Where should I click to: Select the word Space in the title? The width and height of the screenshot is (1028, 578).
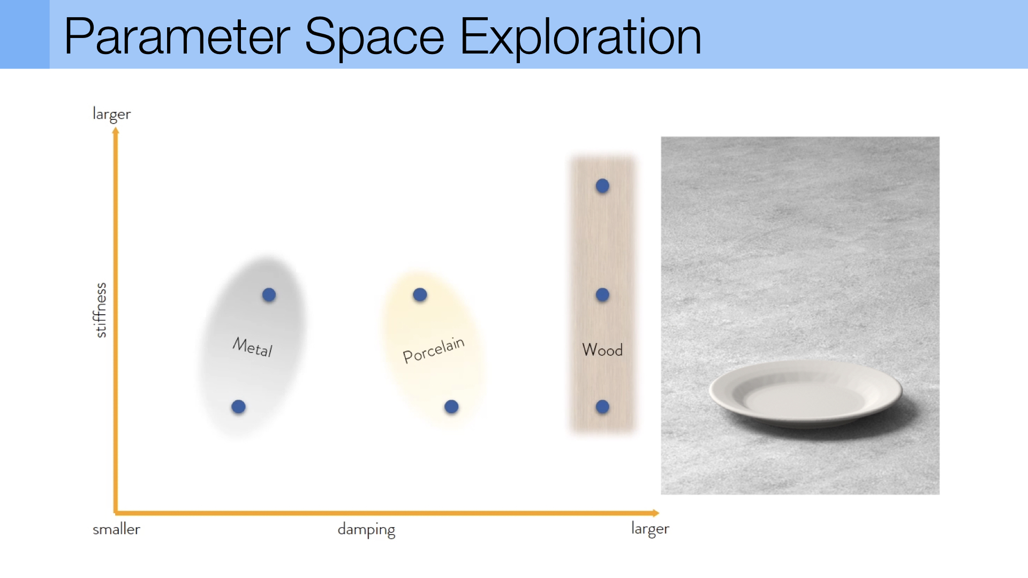click(374, 37)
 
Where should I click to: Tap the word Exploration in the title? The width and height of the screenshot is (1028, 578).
click(581, 37)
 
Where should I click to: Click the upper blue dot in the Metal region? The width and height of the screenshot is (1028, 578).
click(269, 295)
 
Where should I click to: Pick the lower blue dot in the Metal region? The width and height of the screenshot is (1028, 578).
click(238, 407)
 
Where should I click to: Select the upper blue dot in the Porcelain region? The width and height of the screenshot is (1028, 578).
click(420, 295)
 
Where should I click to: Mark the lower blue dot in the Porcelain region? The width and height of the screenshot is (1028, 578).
click(451, 407)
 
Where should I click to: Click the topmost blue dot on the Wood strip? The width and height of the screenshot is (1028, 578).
click(602, 186)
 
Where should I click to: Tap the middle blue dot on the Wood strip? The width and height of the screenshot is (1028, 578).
click(602, 295)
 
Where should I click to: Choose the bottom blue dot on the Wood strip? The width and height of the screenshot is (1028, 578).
click(602, 407)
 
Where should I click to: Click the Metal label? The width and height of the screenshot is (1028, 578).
click(253, 347)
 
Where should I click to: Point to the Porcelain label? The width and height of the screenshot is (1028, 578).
click(433, 350)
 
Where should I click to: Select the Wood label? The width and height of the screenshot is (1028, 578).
click(602, 350)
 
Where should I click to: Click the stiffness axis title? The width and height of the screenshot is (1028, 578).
click(100, 310)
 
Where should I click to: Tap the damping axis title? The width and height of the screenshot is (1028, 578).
click(366, 530)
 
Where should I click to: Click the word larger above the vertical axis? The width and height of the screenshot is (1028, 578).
click(111, 114)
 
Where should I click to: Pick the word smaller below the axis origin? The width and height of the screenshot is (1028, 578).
click(116, 529)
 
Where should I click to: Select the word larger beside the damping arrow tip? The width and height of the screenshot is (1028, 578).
click(650, 529)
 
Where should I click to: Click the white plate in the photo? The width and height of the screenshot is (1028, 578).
click(805, 393)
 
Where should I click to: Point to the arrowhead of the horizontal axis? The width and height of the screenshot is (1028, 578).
click(656, 513)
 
